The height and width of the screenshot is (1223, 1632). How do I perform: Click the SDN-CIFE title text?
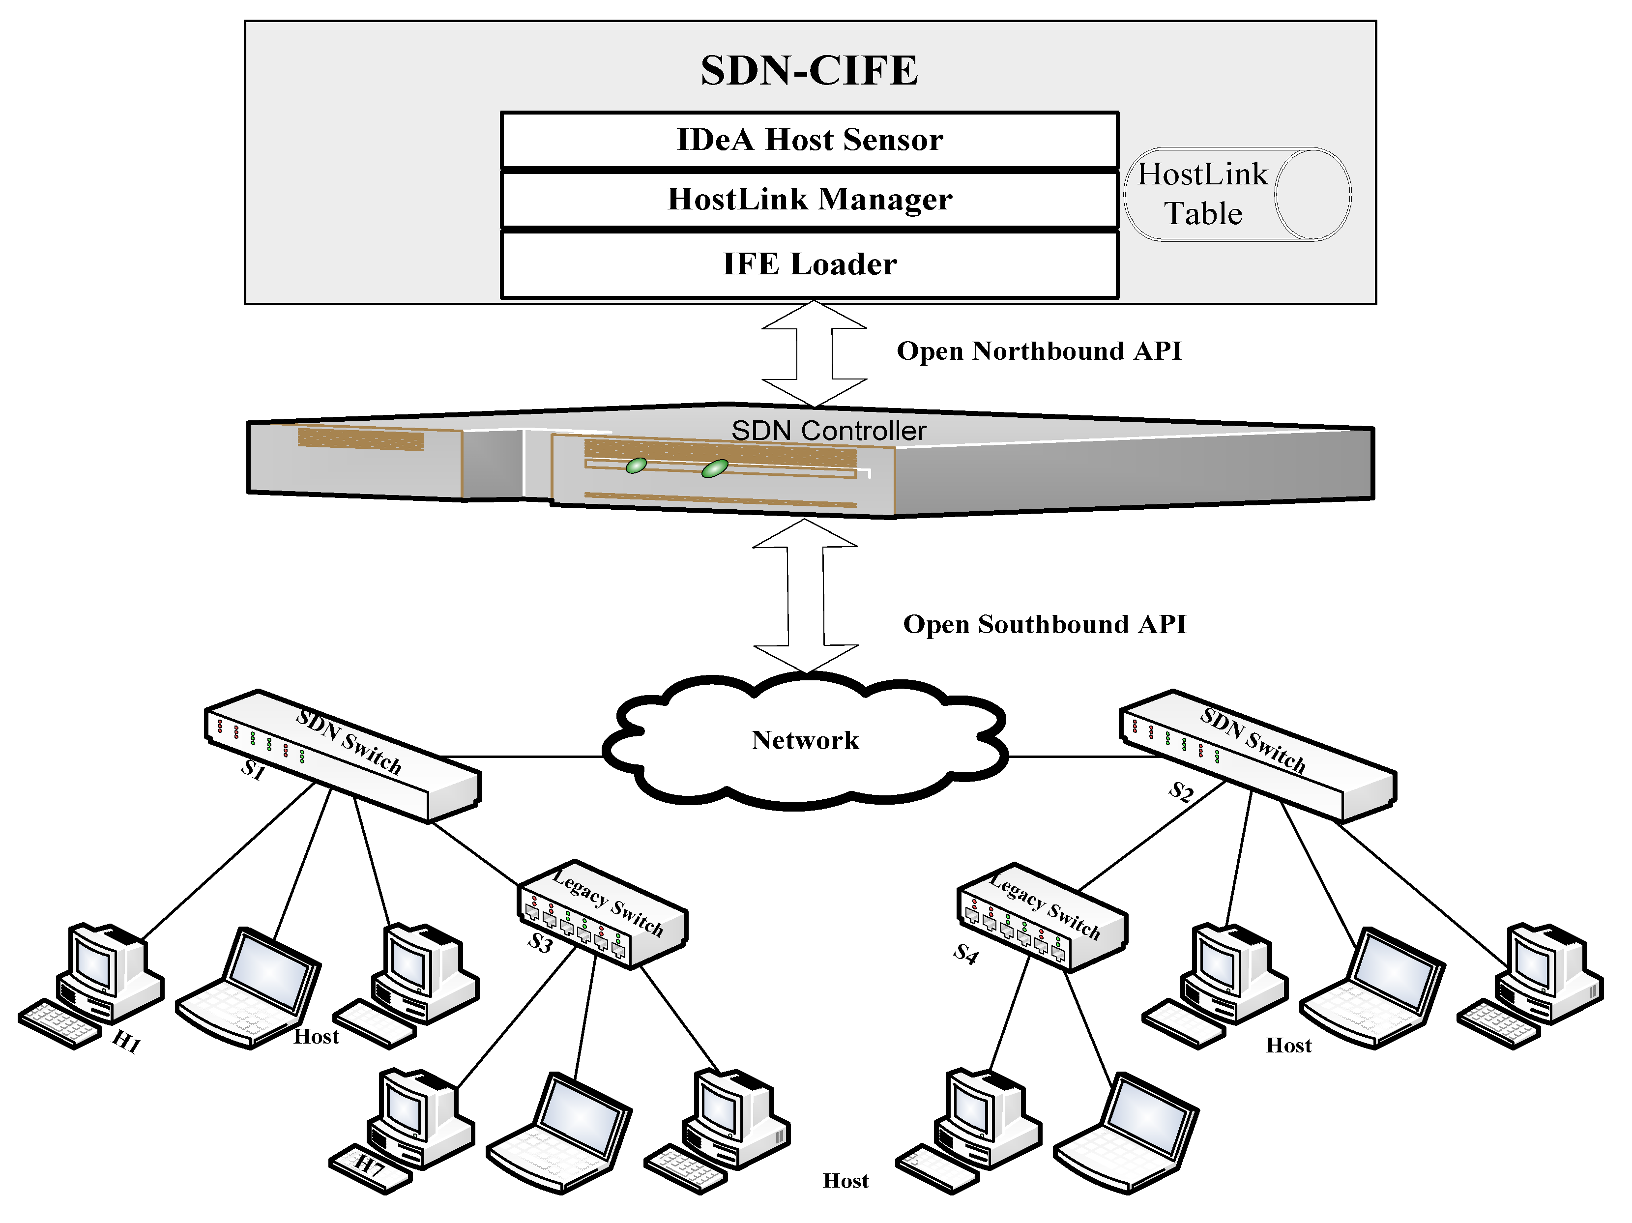pos(809,71)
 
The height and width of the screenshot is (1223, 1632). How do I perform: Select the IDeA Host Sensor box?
pos(809,140)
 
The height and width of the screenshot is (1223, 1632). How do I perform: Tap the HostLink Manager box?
pos(809,199)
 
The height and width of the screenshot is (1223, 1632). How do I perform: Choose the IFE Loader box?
pos(809,264)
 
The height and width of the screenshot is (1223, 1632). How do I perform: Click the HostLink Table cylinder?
pos(1237,194)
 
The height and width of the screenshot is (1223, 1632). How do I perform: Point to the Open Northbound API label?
pos(1038,351)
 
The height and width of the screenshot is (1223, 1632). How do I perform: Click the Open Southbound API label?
pos(1044,625)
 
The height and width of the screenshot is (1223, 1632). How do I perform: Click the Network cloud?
pos(804,741)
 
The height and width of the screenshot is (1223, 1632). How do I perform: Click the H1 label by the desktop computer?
pos(125,1042)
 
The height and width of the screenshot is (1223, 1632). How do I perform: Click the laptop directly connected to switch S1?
pos(249,989)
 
